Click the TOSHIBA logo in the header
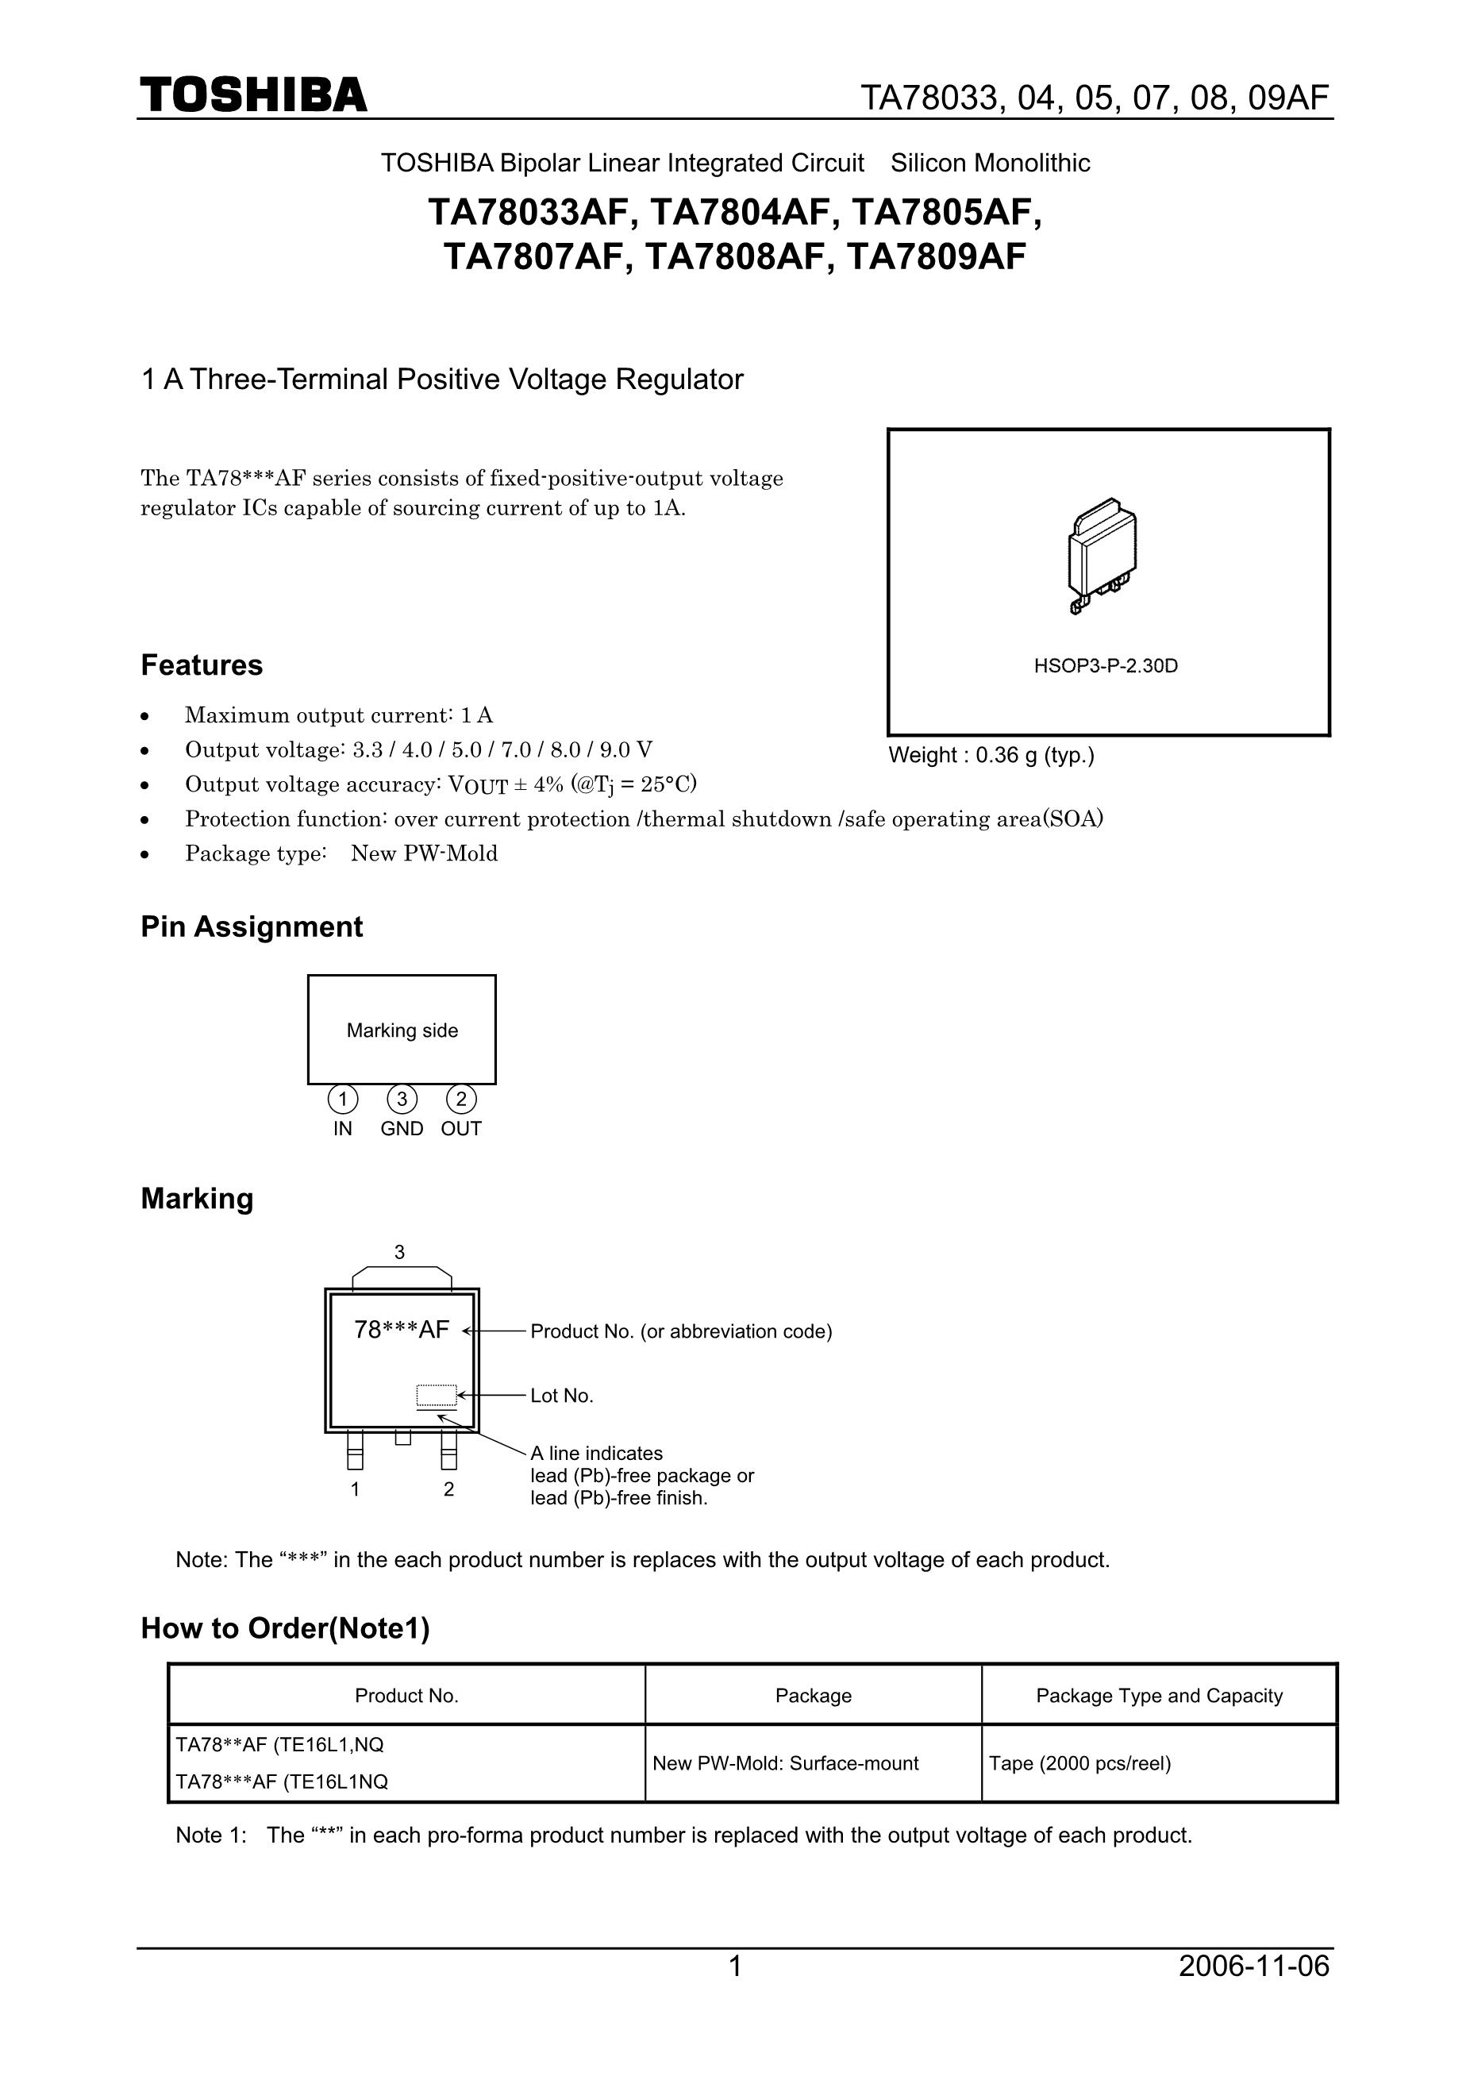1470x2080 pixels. pos(254,95)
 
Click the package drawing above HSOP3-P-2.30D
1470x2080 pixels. pos(1102,553)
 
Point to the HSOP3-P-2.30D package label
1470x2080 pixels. pos(1106,666)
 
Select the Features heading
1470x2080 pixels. pos(201,665)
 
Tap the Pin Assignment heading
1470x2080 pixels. pos(251,926)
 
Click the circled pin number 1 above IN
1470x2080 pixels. pos(342,1100)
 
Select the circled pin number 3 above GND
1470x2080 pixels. pos(402,1100)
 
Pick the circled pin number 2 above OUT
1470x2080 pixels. pos(461,1100)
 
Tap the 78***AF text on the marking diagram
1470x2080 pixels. pos(402,1330)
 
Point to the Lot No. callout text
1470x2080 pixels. pos(561,1396)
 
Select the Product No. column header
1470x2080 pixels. pos(406,1696)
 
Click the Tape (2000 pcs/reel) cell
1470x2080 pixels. pos(1079,1764)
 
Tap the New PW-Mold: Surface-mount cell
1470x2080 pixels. pos(785,1764)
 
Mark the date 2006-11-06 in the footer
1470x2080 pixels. pos(1253,1966)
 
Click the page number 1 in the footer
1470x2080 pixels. pos(736,1966)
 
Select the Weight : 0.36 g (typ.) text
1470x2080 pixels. pos(991,756)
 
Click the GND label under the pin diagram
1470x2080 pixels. pos(402,1129)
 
